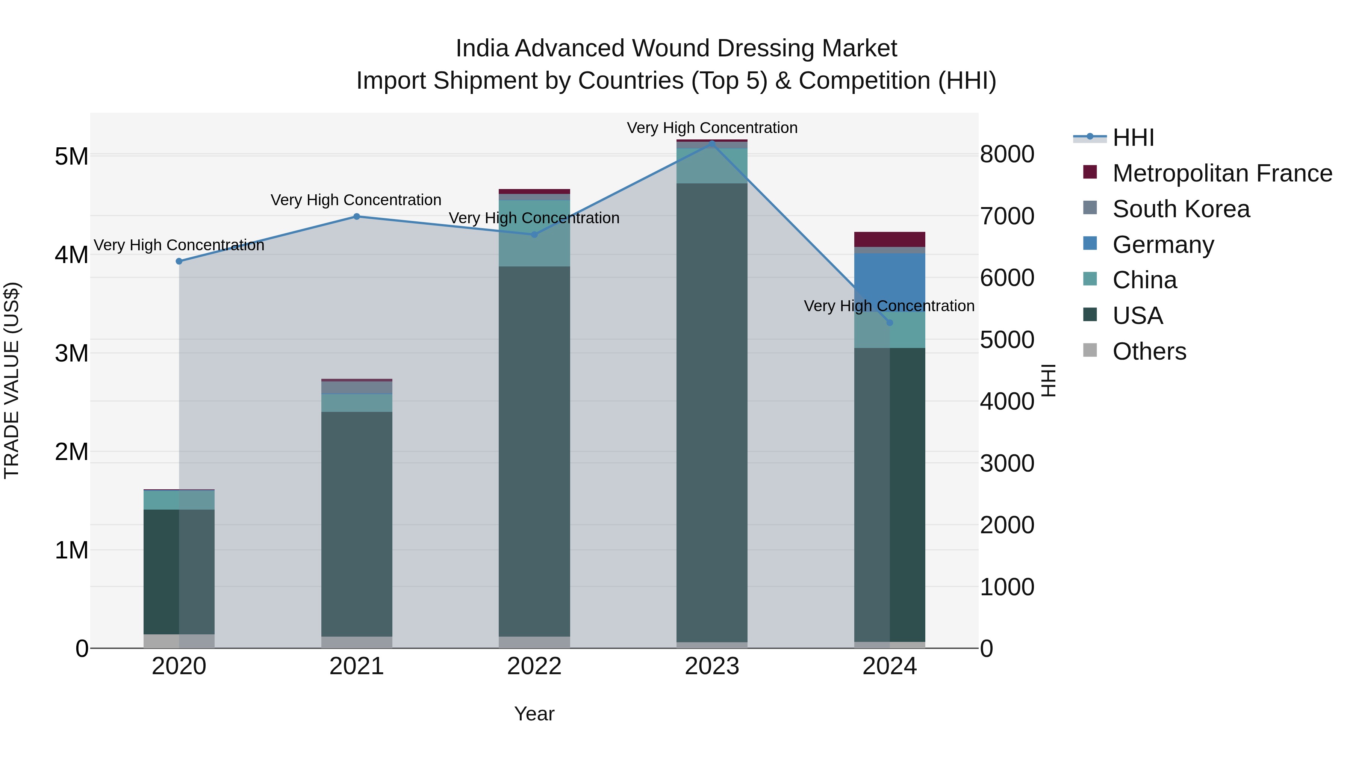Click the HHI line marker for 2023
(x=712, y=142)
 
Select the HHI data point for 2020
(x=179, y=261)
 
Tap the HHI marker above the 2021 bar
(x=357, y=216)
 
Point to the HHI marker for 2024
(x=889, y=322)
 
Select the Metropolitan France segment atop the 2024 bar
(x=889, y=239)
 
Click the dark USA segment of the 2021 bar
(x=357, y=525)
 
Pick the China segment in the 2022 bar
(x=534, y=234)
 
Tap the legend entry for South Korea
(x=1181, y=209)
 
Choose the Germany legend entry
(x=1163, y=245)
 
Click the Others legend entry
(x=1149, y=351)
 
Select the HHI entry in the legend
(x=1133, y=138)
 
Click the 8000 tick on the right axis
(x=1007, y=154)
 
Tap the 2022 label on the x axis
(x=534, y=666)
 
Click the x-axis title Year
(x=534, y=714)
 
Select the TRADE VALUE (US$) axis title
(x=12, y=380)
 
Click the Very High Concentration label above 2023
(x=712, y=128)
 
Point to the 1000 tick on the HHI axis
(x=1007, y=587)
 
